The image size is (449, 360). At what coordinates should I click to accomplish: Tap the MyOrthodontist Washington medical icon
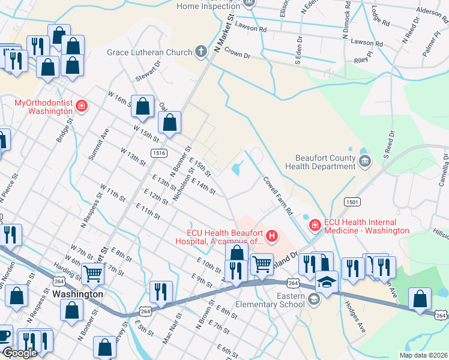pos(82,107)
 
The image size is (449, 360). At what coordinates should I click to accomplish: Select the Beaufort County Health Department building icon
pos(365,161)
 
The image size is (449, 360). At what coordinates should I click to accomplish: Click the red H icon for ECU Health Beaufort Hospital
pos(272,236)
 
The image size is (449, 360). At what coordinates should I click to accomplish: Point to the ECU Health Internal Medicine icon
pos(314,226)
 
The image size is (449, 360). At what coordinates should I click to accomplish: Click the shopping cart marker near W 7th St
pos(93,273)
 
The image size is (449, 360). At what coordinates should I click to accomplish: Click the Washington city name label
pos(77,295)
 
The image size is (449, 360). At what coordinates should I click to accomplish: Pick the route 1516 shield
pos(158,153)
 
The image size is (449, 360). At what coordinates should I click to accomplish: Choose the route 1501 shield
pos(352,203)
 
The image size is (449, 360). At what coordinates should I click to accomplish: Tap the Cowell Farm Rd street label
pos(277,196)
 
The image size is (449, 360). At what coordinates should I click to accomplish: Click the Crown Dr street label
pos(237,54)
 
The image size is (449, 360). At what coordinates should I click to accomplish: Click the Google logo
pos(19,353)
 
